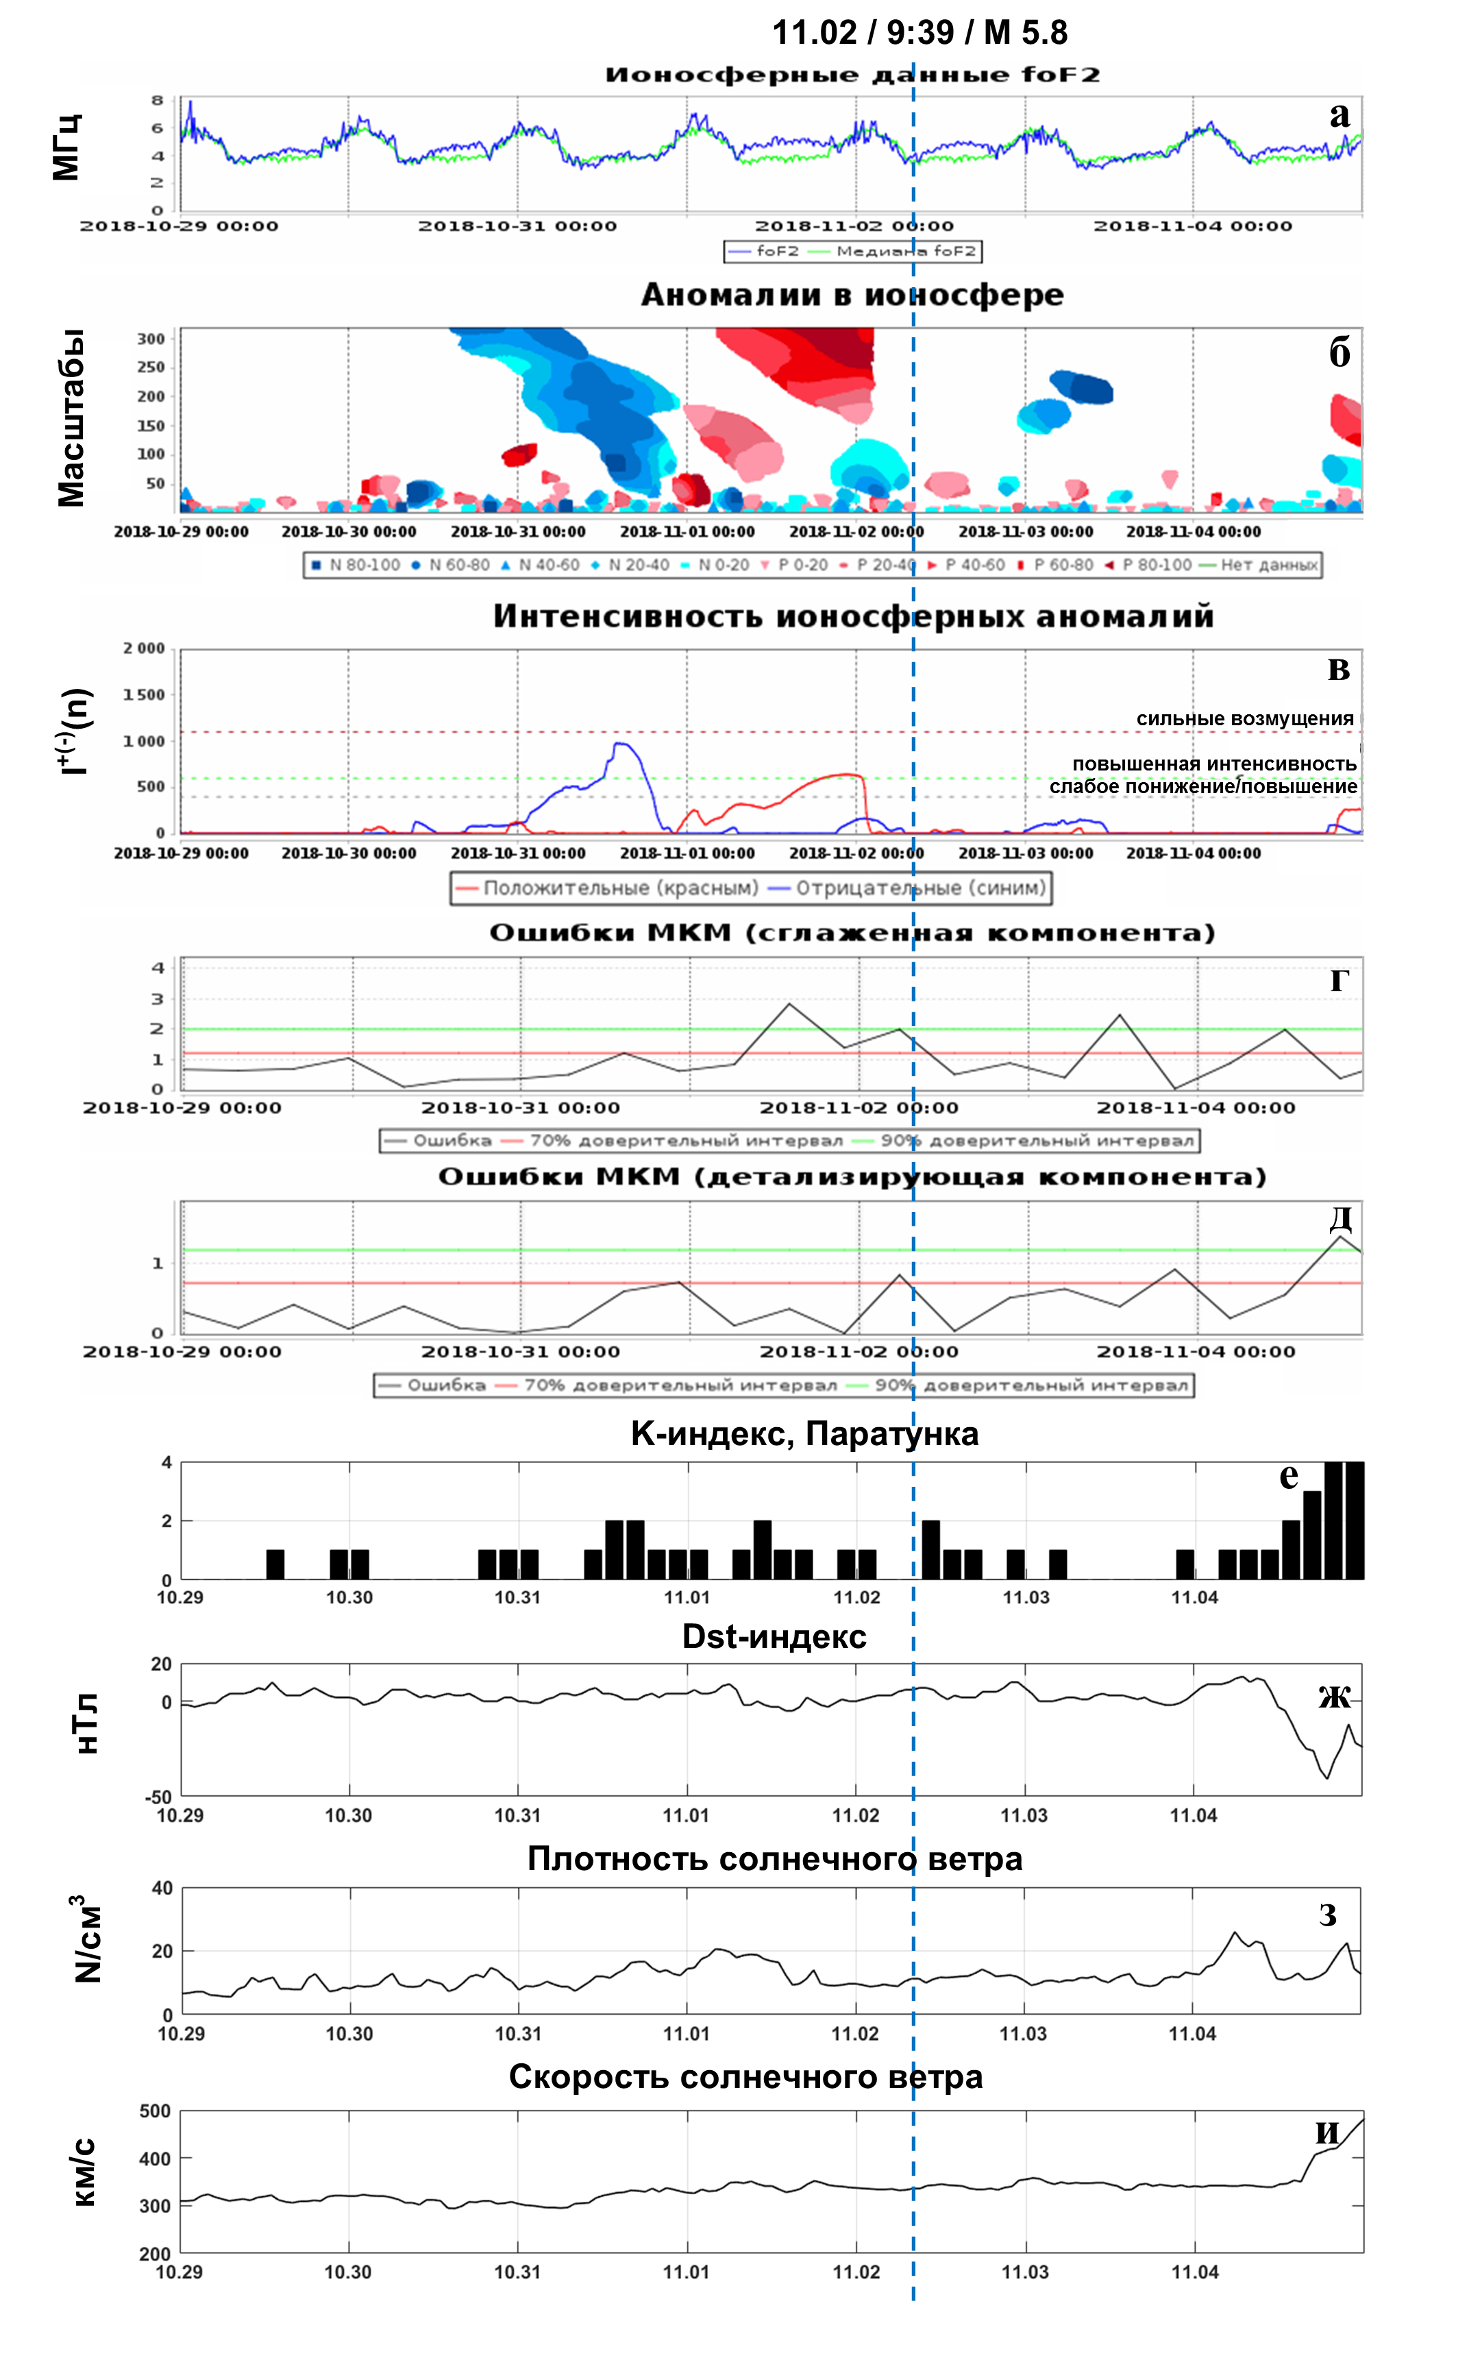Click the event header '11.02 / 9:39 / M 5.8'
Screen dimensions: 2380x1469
click(919, 32)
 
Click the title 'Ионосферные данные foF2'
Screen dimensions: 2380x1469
click(852, 75)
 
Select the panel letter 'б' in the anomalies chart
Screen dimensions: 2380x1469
click(1339, 354)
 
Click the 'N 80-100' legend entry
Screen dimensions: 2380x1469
click(356, 565)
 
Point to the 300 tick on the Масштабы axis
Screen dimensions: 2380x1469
click(151, 339)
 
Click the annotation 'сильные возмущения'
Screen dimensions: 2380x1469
click(1244, 718)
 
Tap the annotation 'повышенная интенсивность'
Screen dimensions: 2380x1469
click(1213, 764)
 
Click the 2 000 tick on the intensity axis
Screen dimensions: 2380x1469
click(144, 649)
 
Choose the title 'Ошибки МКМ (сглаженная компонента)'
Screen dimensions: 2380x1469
click(852, 933)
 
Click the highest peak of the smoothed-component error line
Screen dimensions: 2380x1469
click(789, 1003)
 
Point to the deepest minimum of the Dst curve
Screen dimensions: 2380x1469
click(1327, 1777)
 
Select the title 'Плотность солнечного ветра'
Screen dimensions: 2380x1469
click(774, 1859)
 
